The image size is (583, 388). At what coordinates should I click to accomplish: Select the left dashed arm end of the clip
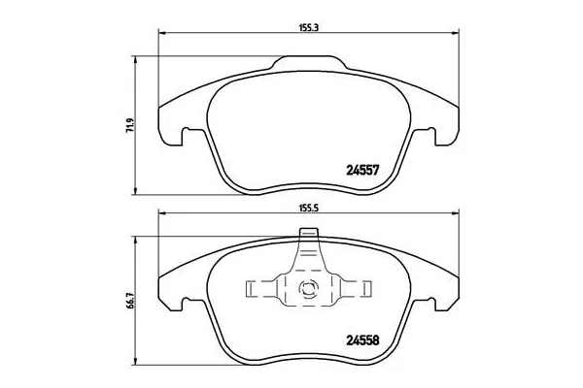[251, 288]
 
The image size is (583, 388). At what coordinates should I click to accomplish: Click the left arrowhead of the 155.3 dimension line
[161, 36]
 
